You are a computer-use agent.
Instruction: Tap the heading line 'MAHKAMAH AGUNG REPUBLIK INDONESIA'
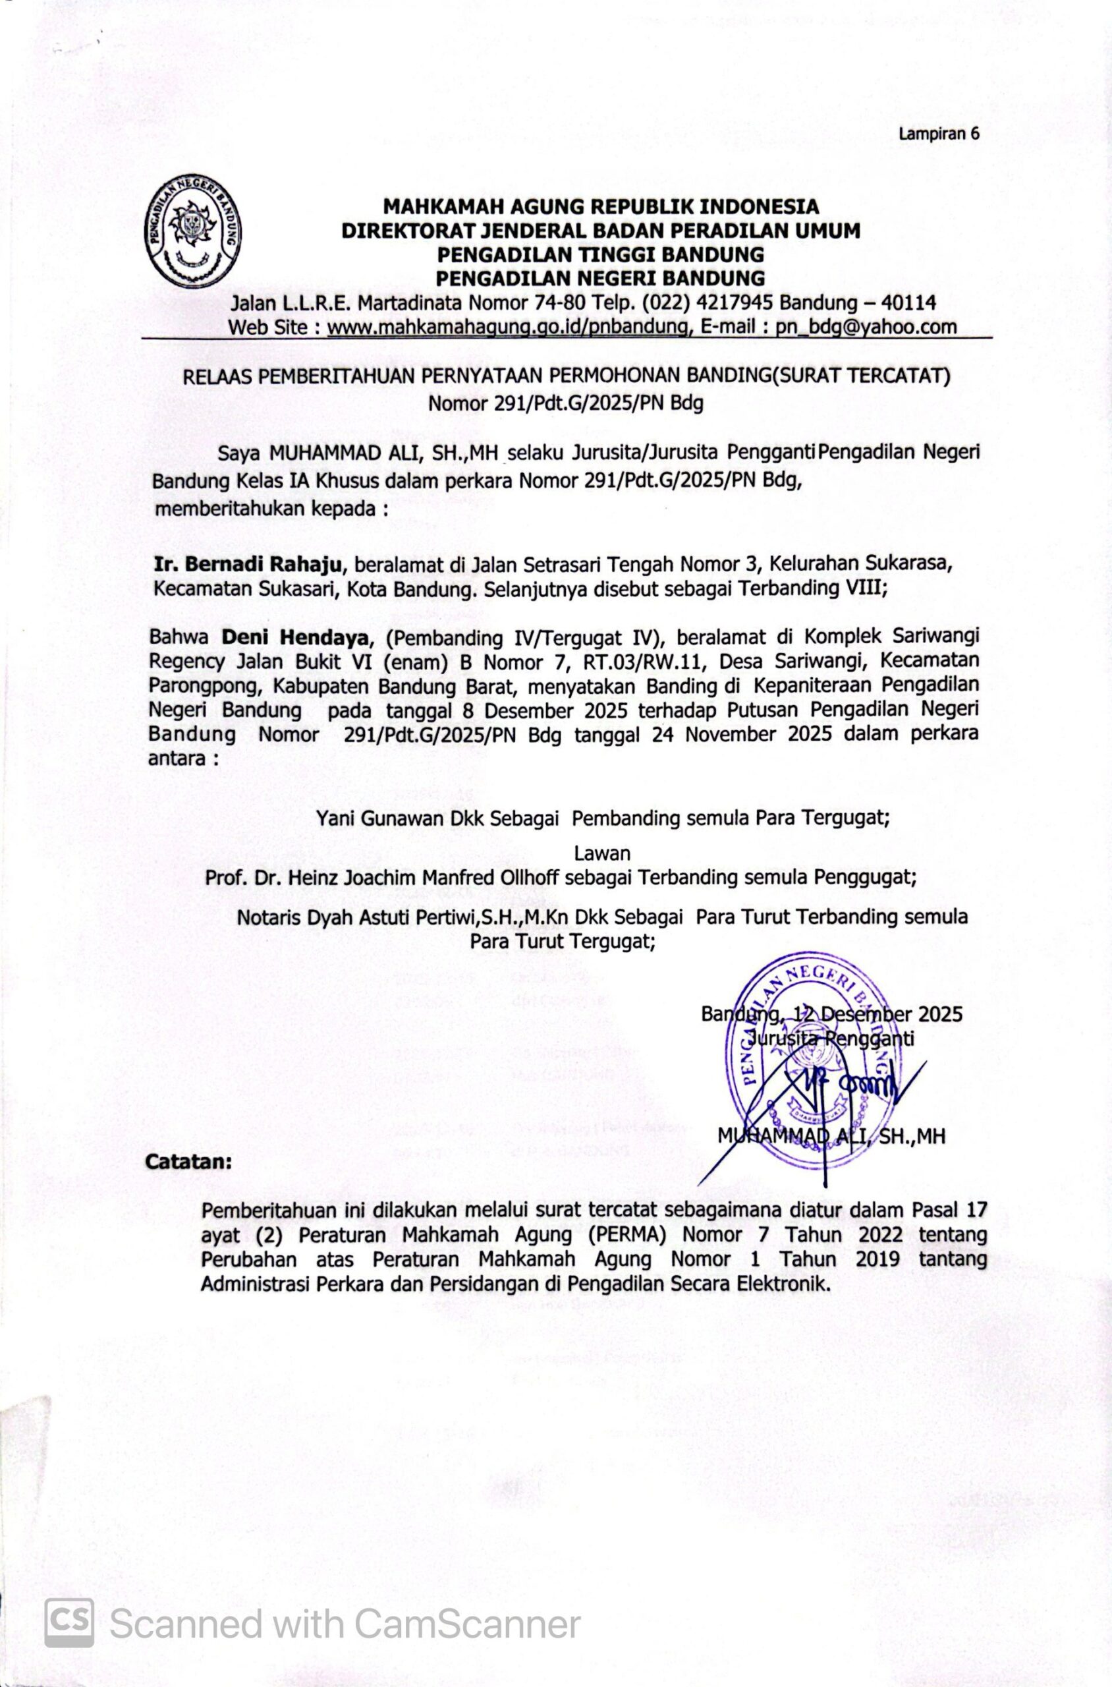(601, 206)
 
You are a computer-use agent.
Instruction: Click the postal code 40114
(908, 303)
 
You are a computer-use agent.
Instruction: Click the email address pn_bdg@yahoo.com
(866, 327)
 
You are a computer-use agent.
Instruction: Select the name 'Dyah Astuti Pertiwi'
(386, 917)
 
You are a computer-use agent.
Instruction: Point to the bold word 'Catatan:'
(188, 1164)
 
